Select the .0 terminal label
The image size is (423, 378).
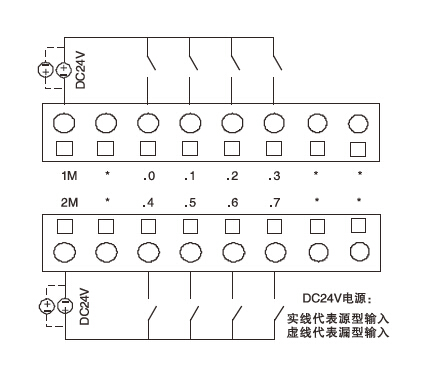coord(147,176)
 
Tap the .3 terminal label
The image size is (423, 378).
coord(273,176)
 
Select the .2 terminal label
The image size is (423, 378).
coord(231,176)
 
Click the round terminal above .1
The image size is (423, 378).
coord(190,124)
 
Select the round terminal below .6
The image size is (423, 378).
coord(232,251)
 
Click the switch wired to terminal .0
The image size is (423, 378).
coord(151,60)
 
